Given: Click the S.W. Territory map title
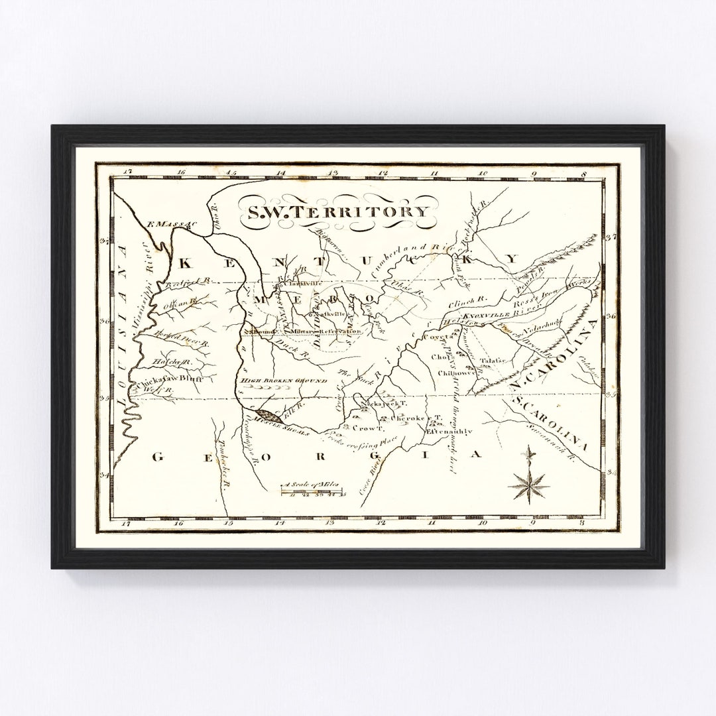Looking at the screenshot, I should (338, 211).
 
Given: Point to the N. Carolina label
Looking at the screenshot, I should (554, 355).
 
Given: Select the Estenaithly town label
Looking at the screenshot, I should (449, 431).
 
